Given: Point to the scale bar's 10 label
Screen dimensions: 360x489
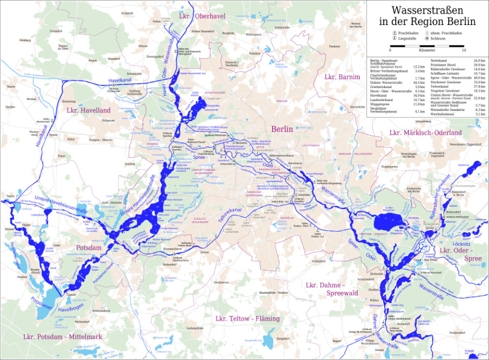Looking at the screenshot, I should pyautogui.click(x=463, y=50).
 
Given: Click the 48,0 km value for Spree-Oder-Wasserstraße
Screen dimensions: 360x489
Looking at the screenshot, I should pyautogui.click(x=479, y=78).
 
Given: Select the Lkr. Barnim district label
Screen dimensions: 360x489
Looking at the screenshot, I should pyautogui.click(x=342, y=77).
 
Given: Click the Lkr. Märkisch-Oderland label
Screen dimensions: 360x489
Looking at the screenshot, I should pyautogui.click(x=425, y=133).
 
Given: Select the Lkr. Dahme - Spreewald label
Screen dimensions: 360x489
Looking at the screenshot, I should pyautogui.click(x=325, y=289).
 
